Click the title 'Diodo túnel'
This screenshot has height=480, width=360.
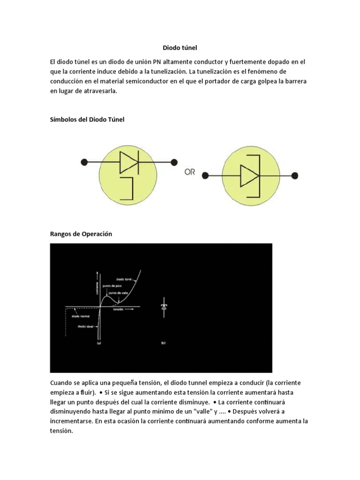[180, 47]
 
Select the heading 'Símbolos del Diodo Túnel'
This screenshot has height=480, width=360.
[87, 120]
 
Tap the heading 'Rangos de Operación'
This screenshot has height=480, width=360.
[81, 233]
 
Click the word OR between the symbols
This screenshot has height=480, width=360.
[190, 172]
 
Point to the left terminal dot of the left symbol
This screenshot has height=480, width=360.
[84, 162]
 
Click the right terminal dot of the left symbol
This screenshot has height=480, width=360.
[174, 162]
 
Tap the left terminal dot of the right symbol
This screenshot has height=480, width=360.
[204, 176]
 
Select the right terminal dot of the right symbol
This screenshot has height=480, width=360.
[294, 176]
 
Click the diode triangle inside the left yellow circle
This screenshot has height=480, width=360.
[129, 162]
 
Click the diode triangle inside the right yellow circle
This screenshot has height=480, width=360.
[249, 176]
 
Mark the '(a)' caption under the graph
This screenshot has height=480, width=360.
[99, 343]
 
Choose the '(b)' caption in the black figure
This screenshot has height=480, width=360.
[163, 343]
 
